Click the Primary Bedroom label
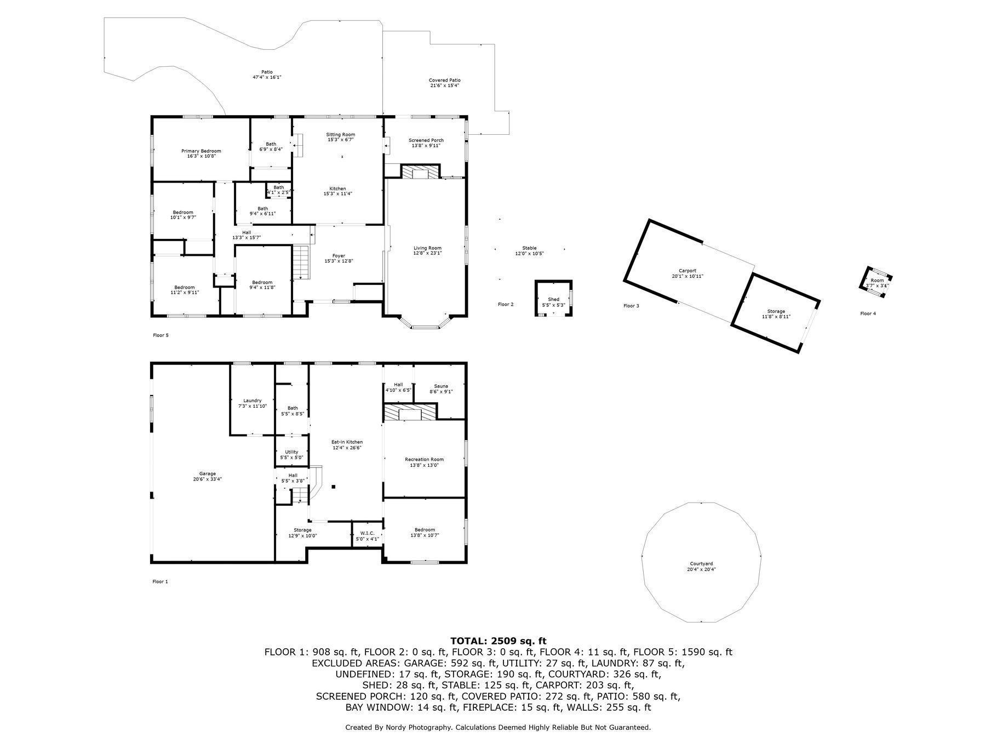point(201,151)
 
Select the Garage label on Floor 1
point(207,474)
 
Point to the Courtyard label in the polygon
point(701,564)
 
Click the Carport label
point(687,271)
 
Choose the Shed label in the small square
point(553,300)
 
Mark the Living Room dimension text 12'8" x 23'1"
point(427,253)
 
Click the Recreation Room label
point(424,460)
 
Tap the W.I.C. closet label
point(367,533)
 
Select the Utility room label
point(291,452)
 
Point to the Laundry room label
point(253,401)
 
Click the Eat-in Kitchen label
point(347,442)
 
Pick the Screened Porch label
point(426,140)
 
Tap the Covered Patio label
point(444,81)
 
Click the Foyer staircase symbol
point(301,263)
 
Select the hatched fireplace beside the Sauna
point(410,412)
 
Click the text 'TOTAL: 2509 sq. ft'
point(498,641)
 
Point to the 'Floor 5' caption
point(161,335)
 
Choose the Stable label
point(529,248)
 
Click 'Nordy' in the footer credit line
point(397,727)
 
